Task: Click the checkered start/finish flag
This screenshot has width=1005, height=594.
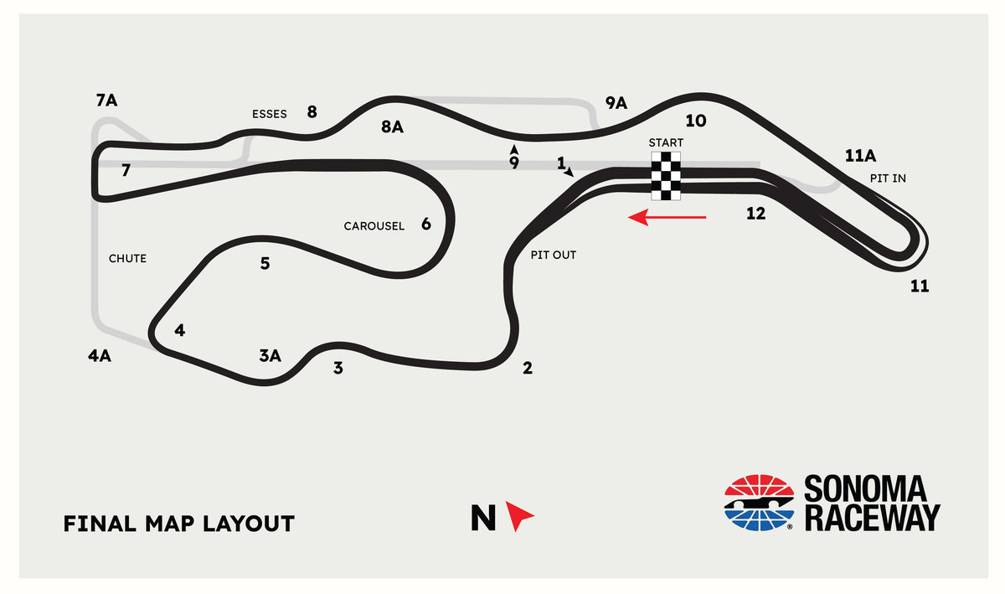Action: (x=666, y=176)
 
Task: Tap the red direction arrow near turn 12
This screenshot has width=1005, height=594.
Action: (x=667, y=217)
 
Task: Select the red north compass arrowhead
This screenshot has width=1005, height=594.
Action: (x=519, y=516)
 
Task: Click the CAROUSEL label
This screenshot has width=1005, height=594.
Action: (x=374, y=226)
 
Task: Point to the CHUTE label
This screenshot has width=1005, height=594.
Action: (x=127, y=259)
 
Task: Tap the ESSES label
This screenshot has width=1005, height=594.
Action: (x=269, y=114)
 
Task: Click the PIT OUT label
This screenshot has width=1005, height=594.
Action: (x=554, y=255)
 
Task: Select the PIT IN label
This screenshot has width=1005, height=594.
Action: (x=888, y=178)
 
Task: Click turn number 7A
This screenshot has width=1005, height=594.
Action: (x=107, y=101)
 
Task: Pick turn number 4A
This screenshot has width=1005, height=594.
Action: (x=99, y=355)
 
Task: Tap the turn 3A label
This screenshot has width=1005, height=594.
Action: (x=270, y=355)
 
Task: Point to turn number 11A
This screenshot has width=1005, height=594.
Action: (x=860, y=156)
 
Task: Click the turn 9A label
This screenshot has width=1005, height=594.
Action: (x=616, y=103)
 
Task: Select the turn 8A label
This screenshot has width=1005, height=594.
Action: (x=392, y=127)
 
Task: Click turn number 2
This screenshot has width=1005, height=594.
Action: (x=528, y=368)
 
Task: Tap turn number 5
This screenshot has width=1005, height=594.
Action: (x=265, y=263)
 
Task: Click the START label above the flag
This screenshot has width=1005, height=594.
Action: (x=666, y=142)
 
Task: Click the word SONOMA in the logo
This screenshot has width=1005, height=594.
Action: (x=865, y=489)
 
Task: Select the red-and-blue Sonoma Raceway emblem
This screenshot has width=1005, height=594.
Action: (x=759, y=503)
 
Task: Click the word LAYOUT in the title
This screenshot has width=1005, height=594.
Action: (x=249, y=524)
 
